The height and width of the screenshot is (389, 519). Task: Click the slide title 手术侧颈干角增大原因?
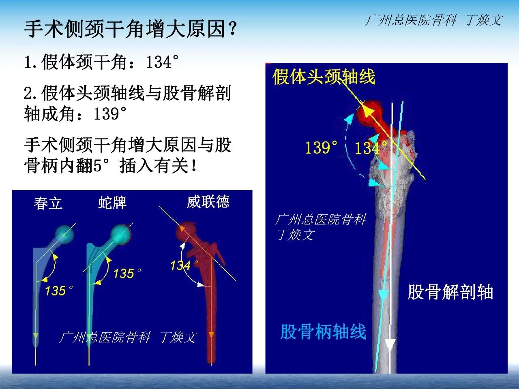(x=130, y=29)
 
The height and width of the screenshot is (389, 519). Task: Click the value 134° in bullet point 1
(x=162, y=62)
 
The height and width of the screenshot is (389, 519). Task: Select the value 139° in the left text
(x=110, y=113)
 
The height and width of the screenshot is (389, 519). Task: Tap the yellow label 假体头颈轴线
(x=324, y=77)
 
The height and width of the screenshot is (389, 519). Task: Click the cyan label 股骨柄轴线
(x=323, y=332)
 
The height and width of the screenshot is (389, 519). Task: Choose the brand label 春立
(x=48, y=203)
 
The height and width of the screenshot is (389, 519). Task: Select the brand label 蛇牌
(x=112, y=203)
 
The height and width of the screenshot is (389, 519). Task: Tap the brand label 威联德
(x=208, y=202)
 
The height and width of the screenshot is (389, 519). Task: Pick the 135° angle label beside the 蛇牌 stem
(x=127, y=273)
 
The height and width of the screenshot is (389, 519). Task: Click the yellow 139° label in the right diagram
(x=321, y=147)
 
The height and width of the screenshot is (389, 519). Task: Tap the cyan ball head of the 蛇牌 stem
(x=120, y=233)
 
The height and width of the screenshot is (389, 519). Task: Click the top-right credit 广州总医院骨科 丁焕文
(x=434, y=20)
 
